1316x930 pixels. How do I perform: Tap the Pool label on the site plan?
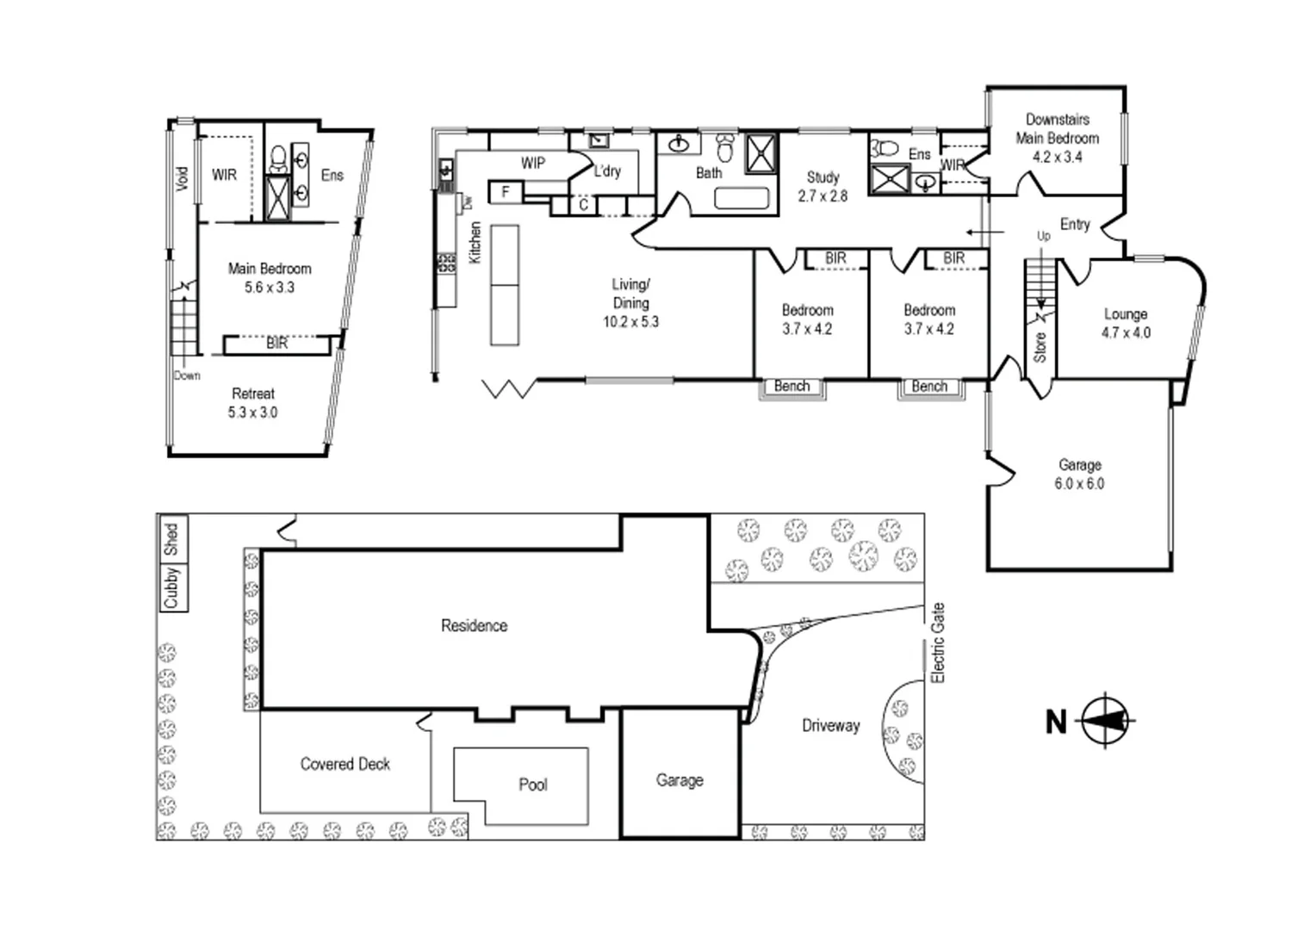pos(532,784)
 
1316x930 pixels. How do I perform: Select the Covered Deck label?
pos(345,764)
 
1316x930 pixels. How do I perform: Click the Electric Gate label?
pos(938,643)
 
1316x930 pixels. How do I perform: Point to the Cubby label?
pos(171,587)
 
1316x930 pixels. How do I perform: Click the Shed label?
pos(171,539)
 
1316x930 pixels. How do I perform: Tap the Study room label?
pos(822,177)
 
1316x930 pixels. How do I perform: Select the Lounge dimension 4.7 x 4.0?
pos(1126,332)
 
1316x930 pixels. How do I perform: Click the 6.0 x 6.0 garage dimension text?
pos(1079,484)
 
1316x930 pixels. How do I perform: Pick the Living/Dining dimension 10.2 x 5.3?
pos(630,322)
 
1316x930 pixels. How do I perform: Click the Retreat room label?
pos(252,394)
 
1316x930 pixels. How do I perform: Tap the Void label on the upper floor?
pos(182,178)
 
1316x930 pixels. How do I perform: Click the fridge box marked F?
pos(506,192)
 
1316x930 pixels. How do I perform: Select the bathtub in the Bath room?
pos(742,199)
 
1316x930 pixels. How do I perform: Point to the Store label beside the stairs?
pos(1040,346)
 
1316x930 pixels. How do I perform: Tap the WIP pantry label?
pos(533,163)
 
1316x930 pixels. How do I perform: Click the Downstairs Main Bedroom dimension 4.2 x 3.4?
pos(1057,157)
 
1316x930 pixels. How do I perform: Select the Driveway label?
pos(830,726)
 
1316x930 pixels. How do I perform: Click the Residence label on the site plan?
pos(474,626)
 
